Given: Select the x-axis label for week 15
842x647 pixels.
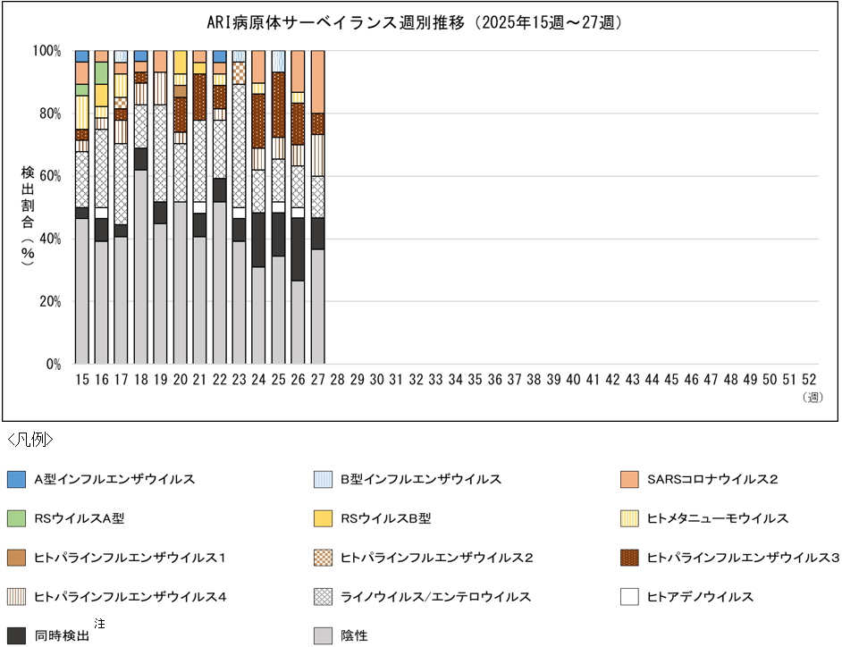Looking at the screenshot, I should [82, 380].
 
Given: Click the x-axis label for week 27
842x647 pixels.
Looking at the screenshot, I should [317, 380].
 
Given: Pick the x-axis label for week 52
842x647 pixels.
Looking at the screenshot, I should [808, 380].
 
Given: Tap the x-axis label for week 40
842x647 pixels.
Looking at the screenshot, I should [573, 380].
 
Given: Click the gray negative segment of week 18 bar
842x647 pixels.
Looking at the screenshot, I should [141, 268].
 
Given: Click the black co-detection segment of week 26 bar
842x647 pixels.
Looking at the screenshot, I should [298, 249].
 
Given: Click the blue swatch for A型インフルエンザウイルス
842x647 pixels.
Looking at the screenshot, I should [14, 479].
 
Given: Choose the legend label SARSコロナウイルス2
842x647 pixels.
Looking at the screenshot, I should [712, 479].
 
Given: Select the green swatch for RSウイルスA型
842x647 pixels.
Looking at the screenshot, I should [14, 518].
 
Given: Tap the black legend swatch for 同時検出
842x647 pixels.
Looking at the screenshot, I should [14, 635].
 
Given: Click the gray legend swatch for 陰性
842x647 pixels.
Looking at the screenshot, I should [324, 635].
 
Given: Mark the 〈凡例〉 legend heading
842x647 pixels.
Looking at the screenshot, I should [30, 440].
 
